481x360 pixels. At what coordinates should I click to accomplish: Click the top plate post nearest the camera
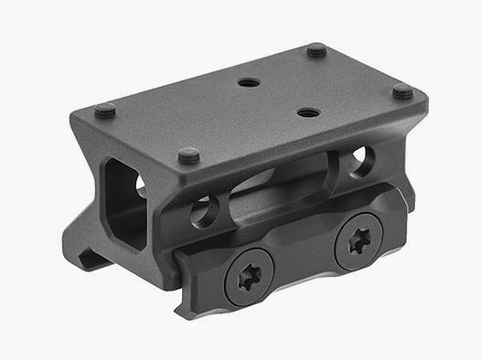tap(189, 155)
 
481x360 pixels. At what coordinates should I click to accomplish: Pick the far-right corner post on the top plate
tap(403, 90)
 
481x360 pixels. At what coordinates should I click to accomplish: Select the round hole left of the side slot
tap(203, 217)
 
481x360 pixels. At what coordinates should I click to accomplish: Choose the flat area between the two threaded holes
tap(274, 98)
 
